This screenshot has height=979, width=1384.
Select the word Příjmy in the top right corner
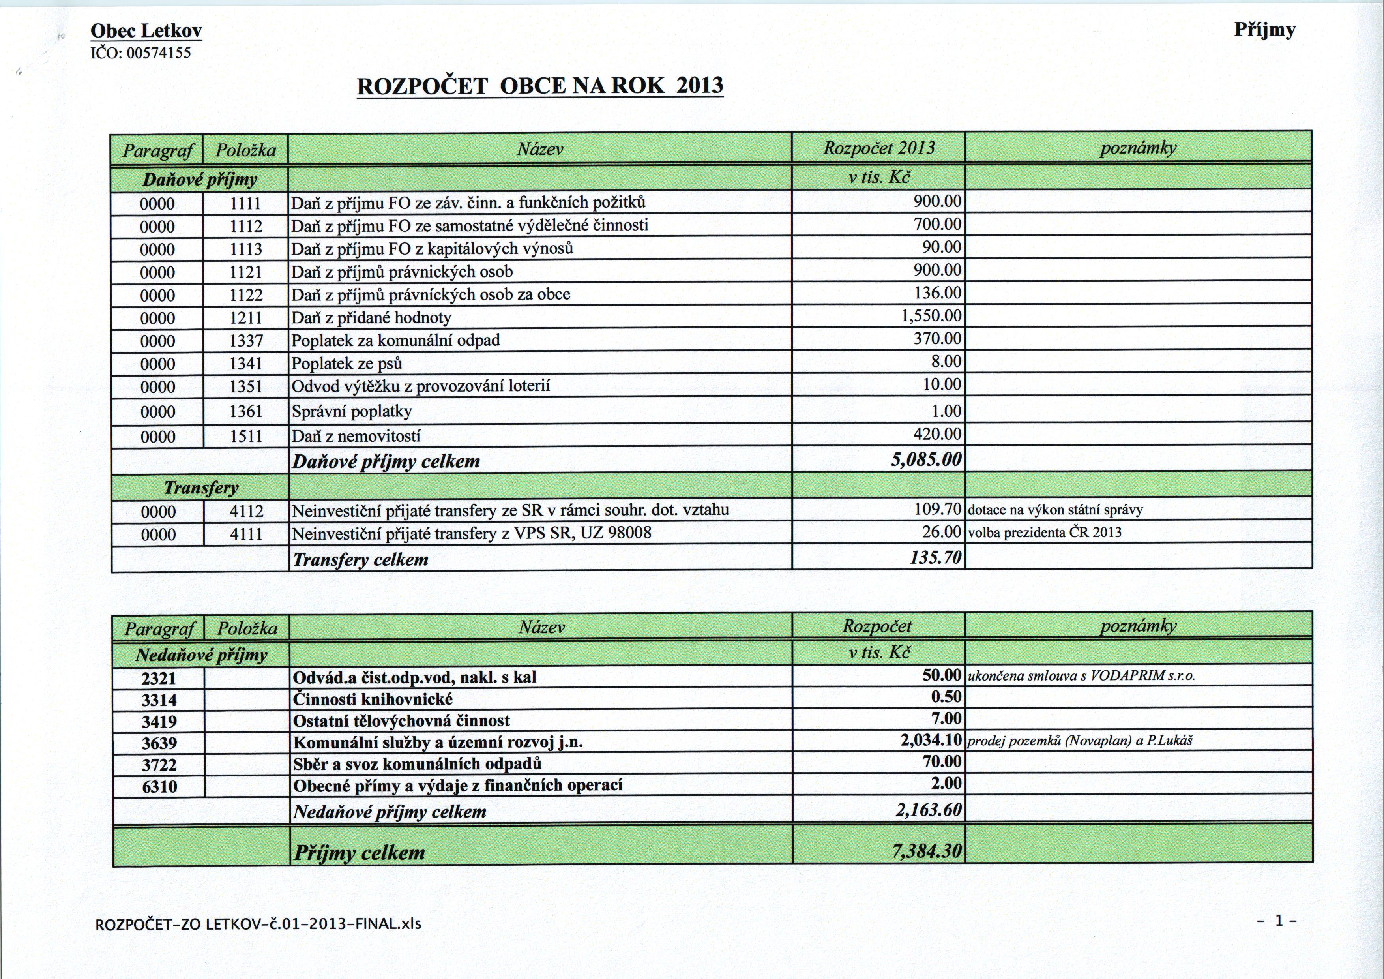[1264, 30]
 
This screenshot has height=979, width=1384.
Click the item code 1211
[246, 318]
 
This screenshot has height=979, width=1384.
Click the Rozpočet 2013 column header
[879, 148]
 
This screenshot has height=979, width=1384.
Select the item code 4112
[247, 511]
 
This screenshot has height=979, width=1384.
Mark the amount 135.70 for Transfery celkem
[936, 558]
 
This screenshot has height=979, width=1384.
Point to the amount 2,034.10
[931, 740]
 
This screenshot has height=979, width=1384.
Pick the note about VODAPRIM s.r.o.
[1081, 676]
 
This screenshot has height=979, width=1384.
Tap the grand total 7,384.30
[927, 851]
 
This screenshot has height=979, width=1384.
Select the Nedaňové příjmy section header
[201, 655]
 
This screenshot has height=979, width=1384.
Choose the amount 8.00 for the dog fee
[946, 362]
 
